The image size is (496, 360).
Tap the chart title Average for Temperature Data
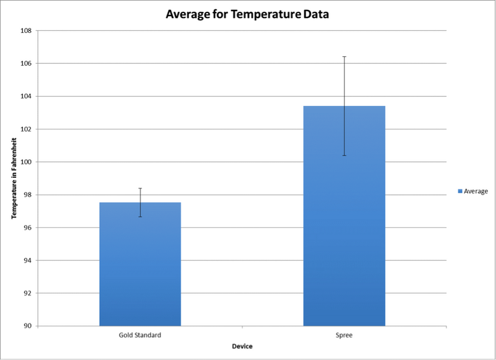(247, 14)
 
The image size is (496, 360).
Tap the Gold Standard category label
(140, 335)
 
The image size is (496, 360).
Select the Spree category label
(344, 335)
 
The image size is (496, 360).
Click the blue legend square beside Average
(459, 191)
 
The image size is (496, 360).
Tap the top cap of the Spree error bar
(344, 56)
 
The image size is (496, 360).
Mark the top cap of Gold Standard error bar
(140, 188)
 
